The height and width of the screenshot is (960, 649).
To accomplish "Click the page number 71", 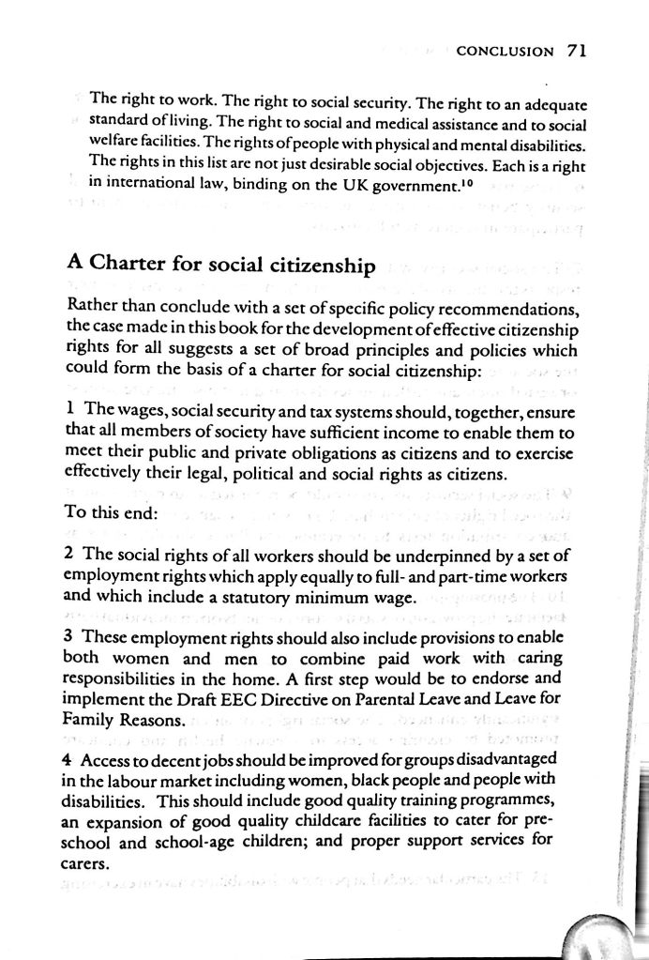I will [x=576, y=51].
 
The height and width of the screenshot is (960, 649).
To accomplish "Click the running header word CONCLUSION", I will [x=505, y=52].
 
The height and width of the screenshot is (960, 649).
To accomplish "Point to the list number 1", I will [x=71, y=411].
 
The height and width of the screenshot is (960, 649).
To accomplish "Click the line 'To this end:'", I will [x=113, y=513].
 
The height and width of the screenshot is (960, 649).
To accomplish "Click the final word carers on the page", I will [x=88, y=859].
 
